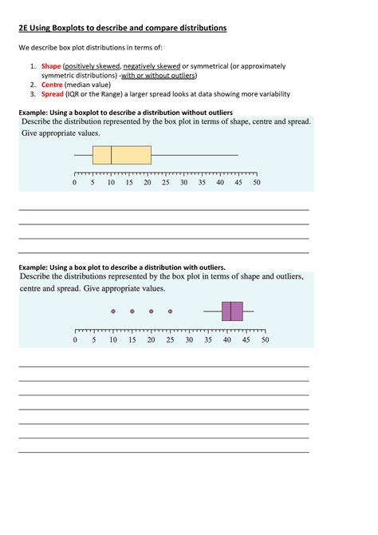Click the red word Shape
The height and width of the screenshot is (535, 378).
click(x=51, y=65)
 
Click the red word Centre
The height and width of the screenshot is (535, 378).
click(x=52, y=83)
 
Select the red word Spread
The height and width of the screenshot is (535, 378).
click(x=53, y=93)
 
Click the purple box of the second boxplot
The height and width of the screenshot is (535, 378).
click(x=232, y=311)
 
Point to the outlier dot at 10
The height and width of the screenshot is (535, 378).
click(x=113, y=311)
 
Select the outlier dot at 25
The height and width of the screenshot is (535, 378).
click(x=170, y=311)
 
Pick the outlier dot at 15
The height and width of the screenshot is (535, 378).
click(x=132, y=311)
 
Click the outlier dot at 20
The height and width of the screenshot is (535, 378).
click(x=152, y=311)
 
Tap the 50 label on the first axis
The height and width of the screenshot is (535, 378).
click(x=257, y=183)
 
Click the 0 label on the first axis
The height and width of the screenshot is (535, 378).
click(x=74, y=183)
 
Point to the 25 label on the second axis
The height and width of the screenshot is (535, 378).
click(x=170, y=339)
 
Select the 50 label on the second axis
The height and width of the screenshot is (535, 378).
click(x=265, y=339)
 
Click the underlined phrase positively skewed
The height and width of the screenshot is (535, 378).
click(x=92, y=65)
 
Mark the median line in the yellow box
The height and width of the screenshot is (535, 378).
click(x=111, y=155)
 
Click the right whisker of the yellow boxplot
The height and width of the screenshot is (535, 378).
click(x=195, y=155)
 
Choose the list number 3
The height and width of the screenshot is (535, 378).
click(x=33, y=93)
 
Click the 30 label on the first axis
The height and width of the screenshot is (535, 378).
click(x=183, y=183)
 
